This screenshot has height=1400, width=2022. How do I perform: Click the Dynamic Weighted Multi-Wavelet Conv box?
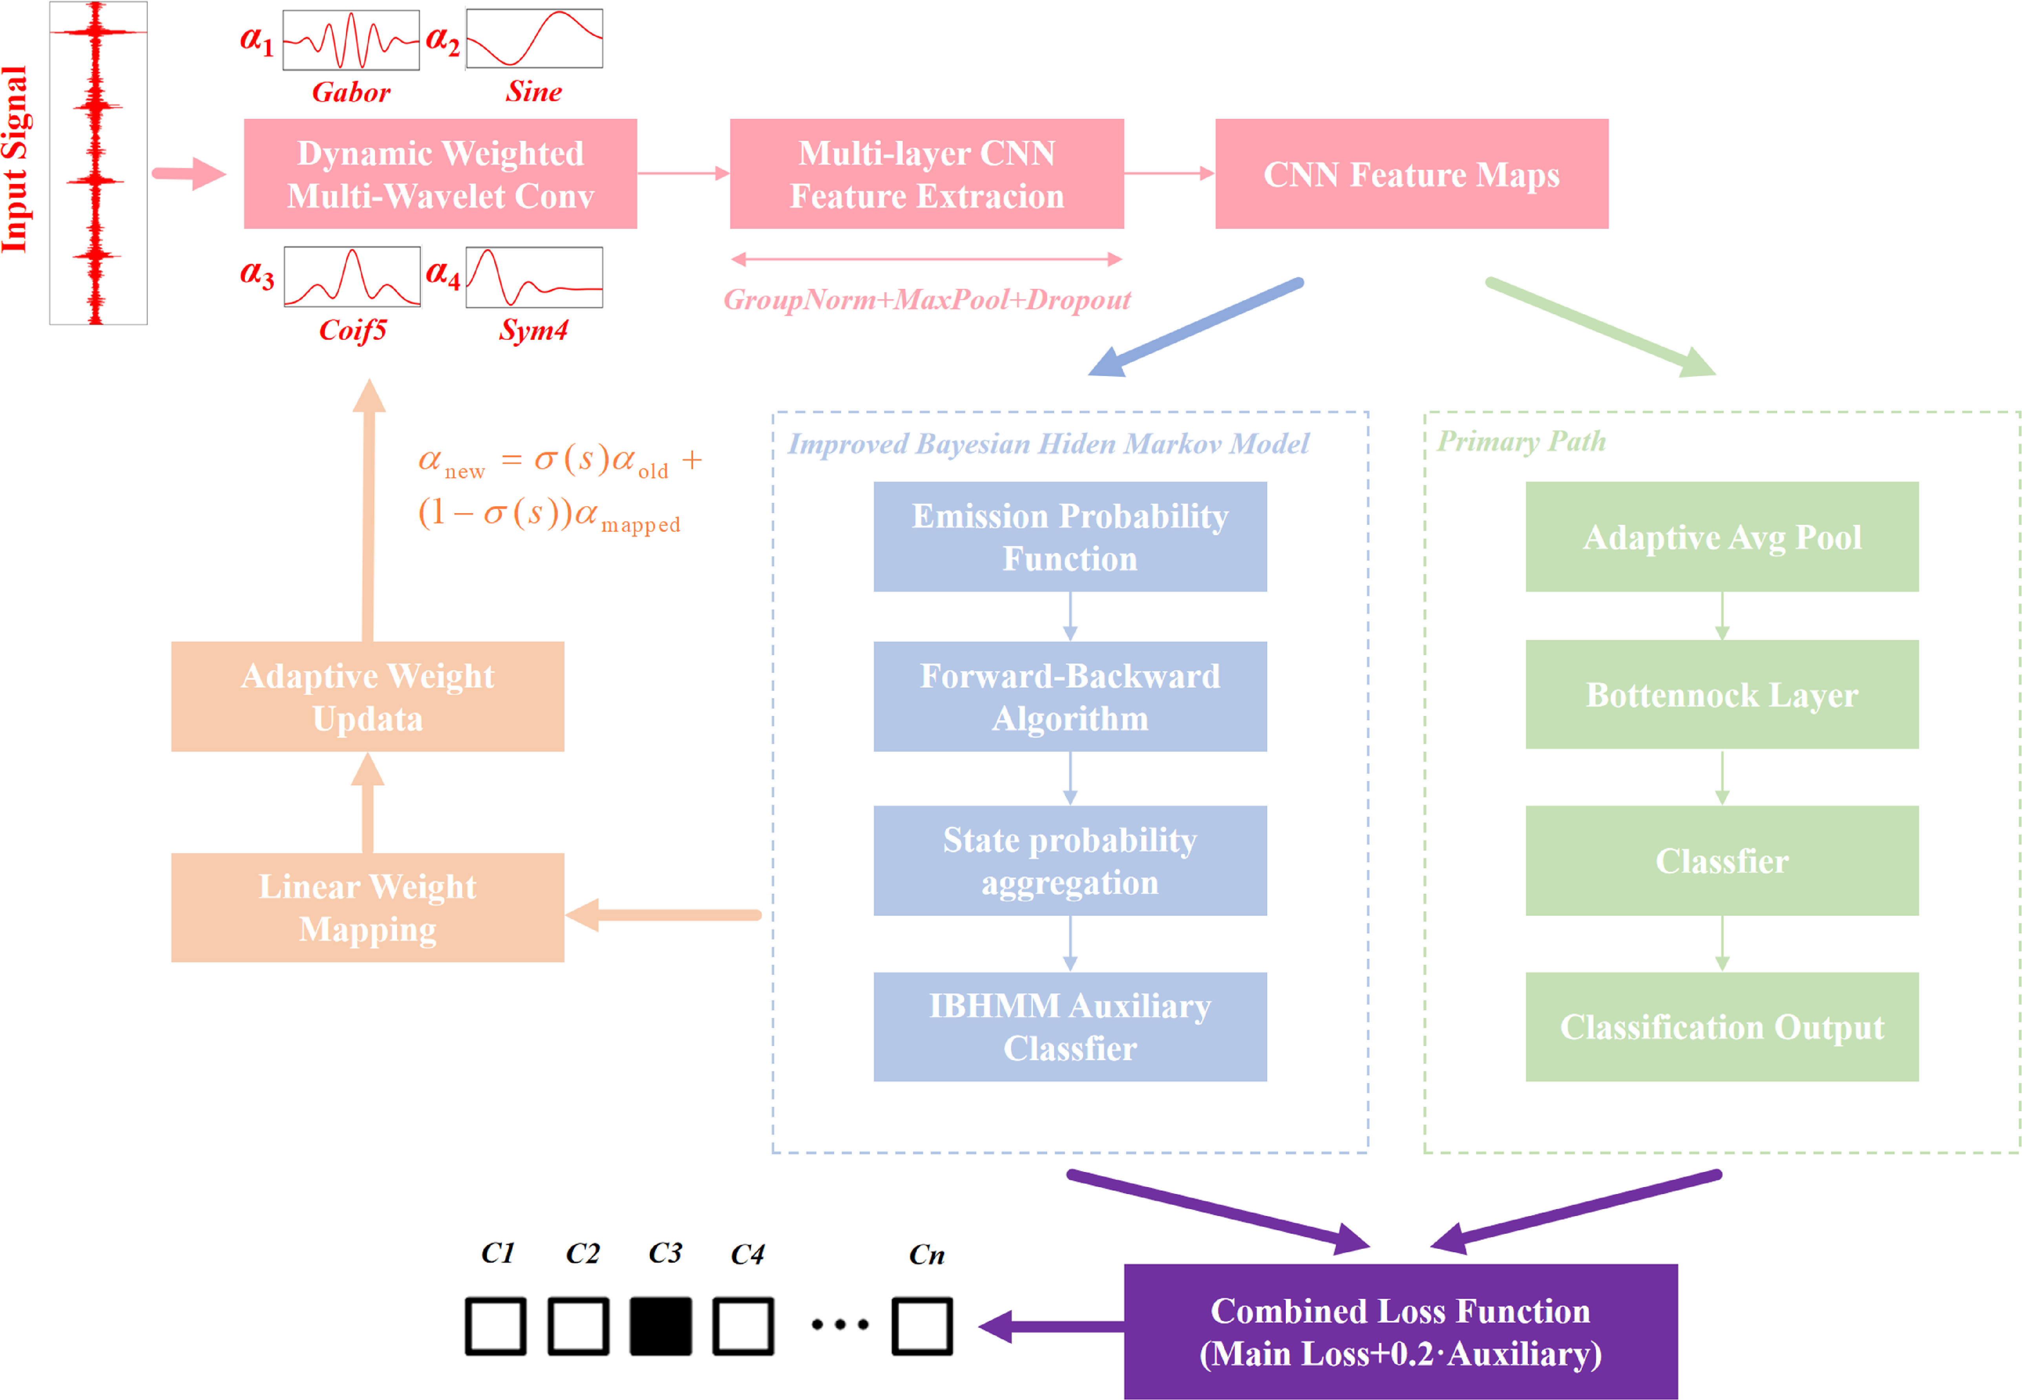[440, 174]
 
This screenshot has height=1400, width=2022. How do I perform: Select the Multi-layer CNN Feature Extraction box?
[927, 174]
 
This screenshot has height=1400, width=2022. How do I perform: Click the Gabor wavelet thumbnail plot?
[351, 40]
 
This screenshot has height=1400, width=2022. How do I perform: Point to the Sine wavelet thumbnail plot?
[534, 38]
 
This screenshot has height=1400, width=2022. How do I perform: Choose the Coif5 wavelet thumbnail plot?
[352, 276]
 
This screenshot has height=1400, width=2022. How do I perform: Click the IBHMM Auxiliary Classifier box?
[1070, 1026]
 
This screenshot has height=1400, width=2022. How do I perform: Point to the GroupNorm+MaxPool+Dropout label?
[927, 300]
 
